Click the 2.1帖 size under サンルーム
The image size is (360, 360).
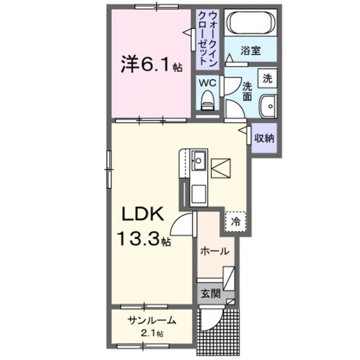(x=152, y=334)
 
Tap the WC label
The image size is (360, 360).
(x=208, y=82)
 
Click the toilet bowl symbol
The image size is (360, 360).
(x=208, y=101)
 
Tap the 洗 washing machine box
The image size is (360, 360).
(x=268, y=78)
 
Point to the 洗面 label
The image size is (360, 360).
(x=247, y=91)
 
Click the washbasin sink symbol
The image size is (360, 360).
(x=268, y=105)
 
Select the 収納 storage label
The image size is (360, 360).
(x=263, y=138)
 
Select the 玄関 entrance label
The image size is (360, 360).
(x=211, y=294)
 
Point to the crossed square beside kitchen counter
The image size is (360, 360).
(x=223, y=168)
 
